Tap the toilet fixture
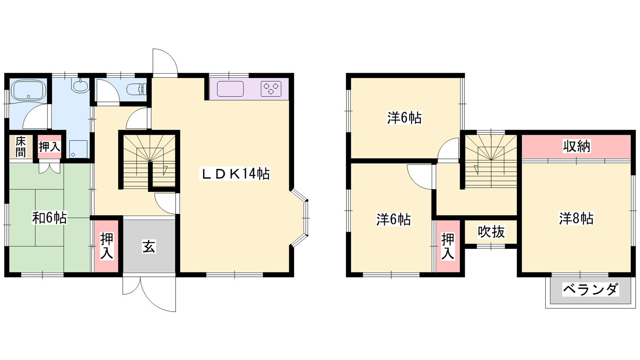pos(136,89)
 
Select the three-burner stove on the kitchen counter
pos(271,89)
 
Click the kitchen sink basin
pos(230,89)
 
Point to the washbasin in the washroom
pos(80,86)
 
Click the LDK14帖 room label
pos(236,174)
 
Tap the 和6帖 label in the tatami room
pos(50,218)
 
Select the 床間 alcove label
pos(20,147)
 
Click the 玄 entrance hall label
pos(149,247)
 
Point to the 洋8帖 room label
pos(576,218)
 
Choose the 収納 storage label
pos(576,146)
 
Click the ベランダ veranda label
pos(590,290)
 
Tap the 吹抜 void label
pos(491,232)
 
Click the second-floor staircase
pos(491,161)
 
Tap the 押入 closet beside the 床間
pos(50,147)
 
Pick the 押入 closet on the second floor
pos(448,246)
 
